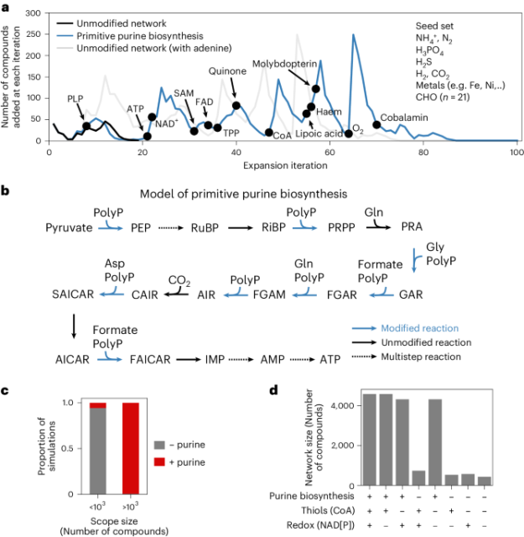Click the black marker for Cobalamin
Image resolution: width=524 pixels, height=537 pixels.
click(376, 125)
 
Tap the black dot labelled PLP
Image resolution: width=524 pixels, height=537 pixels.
click(86, 126)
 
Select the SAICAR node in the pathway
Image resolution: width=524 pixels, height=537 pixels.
click(72, 294)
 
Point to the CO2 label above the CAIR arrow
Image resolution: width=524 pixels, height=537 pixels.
click(179, 279)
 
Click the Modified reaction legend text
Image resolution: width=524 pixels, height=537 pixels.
click(464, 328)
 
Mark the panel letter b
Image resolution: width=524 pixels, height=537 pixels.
click(6, 191)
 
